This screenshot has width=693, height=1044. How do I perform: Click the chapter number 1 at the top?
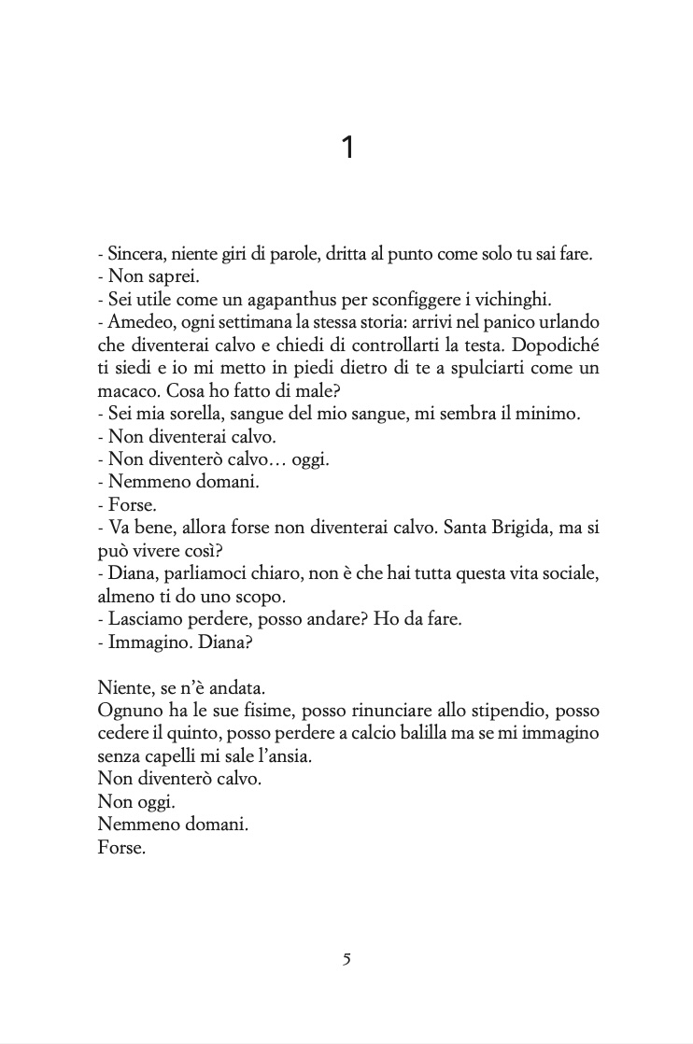(x=347, y=148)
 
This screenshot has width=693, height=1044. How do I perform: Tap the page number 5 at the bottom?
(x=346, y=959)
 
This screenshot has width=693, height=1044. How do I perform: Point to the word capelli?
(x=176, y=756)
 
